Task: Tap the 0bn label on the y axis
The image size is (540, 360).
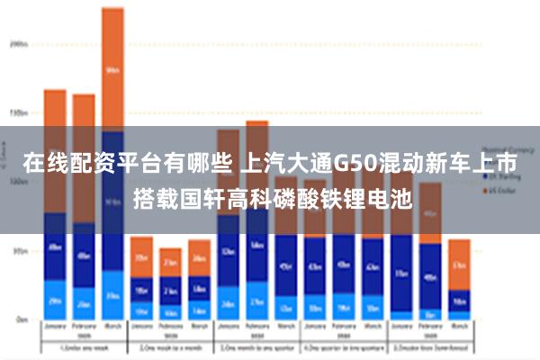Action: (20, 319)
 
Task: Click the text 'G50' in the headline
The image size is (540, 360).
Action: (355, 165)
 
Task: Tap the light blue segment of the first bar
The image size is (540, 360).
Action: (55, 301)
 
